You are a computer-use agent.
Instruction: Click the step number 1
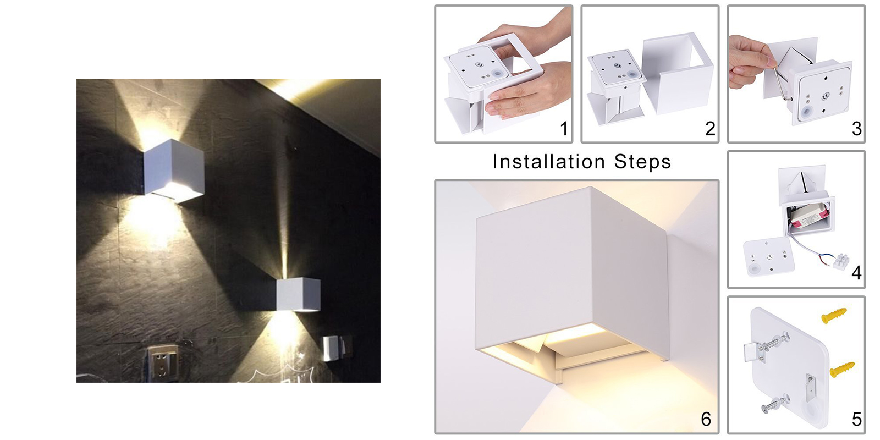click(x=564, y=129)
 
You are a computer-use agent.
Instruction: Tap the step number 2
click(x=710, y=129)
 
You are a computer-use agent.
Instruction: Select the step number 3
click(x=857, y=129)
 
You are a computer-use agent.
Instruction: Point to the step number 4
click(x=856, y=273)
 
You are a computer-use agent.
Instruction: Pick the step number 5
click(x=857, y=419)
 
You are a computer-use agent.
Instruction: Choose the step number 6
click(x=706, y=419)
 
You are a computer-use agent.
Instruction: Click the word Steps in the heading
click(x=643, y=162)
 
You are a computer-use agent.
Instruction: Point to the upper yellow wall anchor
click(x=834, y=316)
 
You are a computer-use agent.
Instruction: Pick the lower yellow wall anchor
click(x=842, y=369)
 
